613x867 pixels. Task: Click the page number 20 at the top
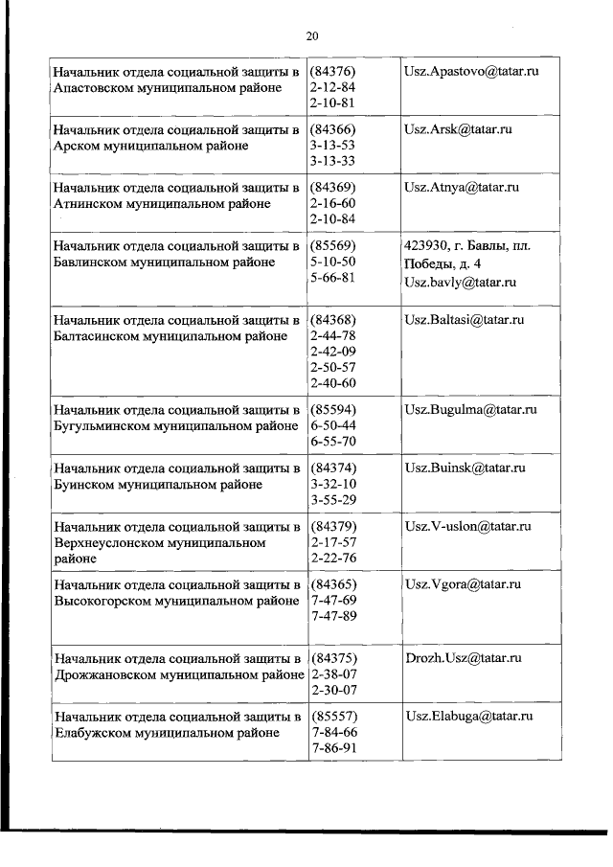click(311, 36)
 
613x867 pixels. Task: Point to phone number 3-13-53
click(332, 145)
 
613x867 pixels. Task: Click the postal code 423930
click(427, 246)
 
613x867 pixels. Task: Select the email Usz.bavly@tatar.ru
click(461, 282)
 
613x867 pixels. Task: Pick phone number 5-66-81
click(332, 278)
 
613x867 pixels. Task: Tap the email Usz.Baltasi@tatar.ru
click(465, 319)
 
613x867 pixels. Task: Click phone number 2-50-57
click(332, 367)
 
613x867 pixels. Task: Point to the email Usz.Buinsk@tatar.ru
click(465, 468)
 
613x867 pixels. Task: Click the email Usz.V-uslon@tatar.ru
click(467, 526)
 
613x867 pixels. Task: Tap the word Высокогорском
click(102, 601)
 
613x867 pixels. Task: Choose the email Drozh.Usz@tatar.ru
click(463, 658)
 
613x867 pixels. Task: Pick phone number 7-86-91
click(332, 748)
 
